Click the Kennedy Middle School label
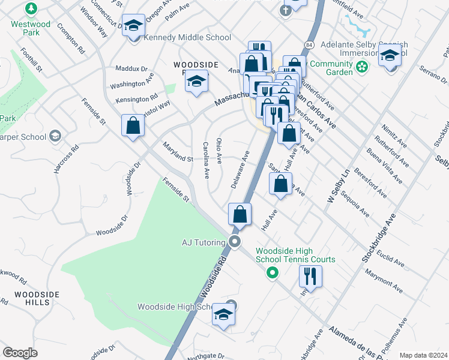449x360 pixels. point(188,38)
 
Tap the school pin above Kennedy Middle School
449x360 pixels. point(133,26)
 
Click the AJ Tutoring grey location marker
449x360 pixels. point(235,242)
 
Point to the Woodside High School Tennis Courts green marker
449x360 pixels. point(272,274)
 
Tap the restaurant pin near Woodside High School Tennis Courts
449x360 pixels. point(310,276)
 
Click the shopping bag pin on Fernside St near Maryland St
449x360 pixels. point(133,126)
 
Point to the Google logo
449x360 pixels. point(20,352)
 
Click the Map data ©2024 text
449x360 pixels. point(423,355)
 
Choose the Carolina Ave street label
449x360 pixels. point(206,160)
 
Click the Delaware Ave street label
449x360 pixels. point(240,170)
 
